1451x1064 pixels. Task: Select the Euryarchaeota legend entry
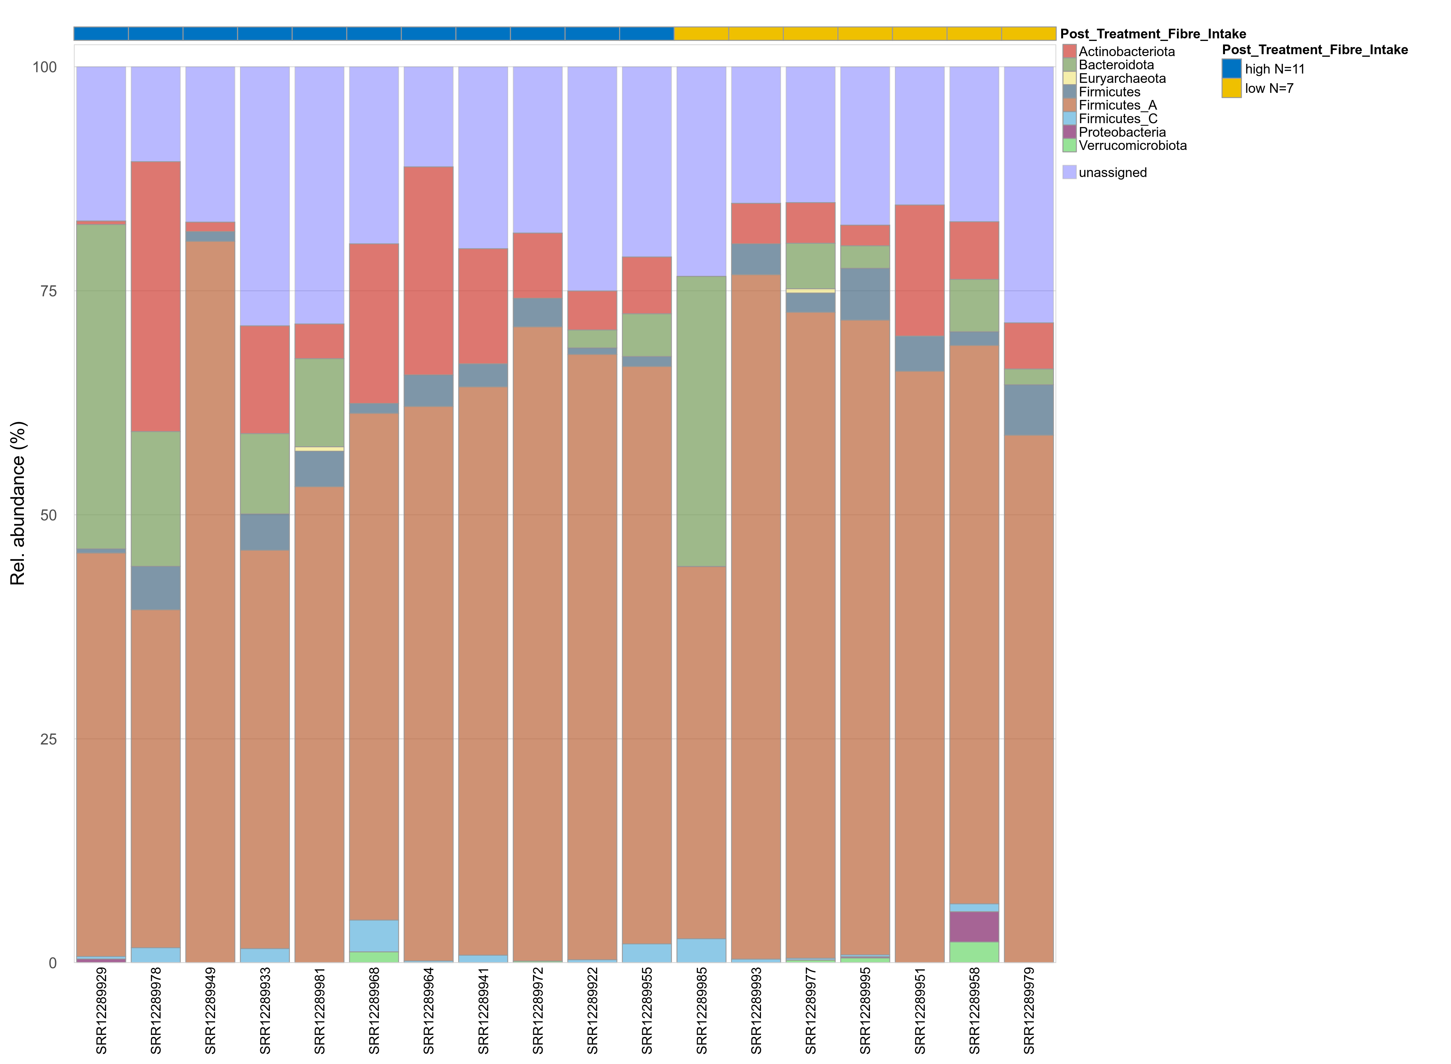(x=1122, y=79)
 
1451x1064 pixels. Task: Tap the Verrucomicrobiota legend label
(x=1132, y=145)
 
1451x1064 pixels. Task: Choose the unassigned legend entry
(x=1112, y=172)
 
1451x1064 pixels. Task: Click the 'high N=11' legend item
(x=1274, y=69)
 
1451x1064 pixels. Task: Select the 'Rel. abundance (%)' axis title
(x=18, y=503)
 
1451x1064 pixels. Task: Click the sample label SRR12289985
(x=701, y=1010)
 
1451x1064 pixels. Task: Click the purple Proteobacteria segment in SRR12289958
(x=974, y=927)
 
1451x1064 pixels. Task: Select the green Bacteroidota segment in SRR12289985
(x=701, y=421)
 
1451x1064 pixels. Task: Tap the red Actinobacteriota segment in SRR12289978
(x=156, y=296)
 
